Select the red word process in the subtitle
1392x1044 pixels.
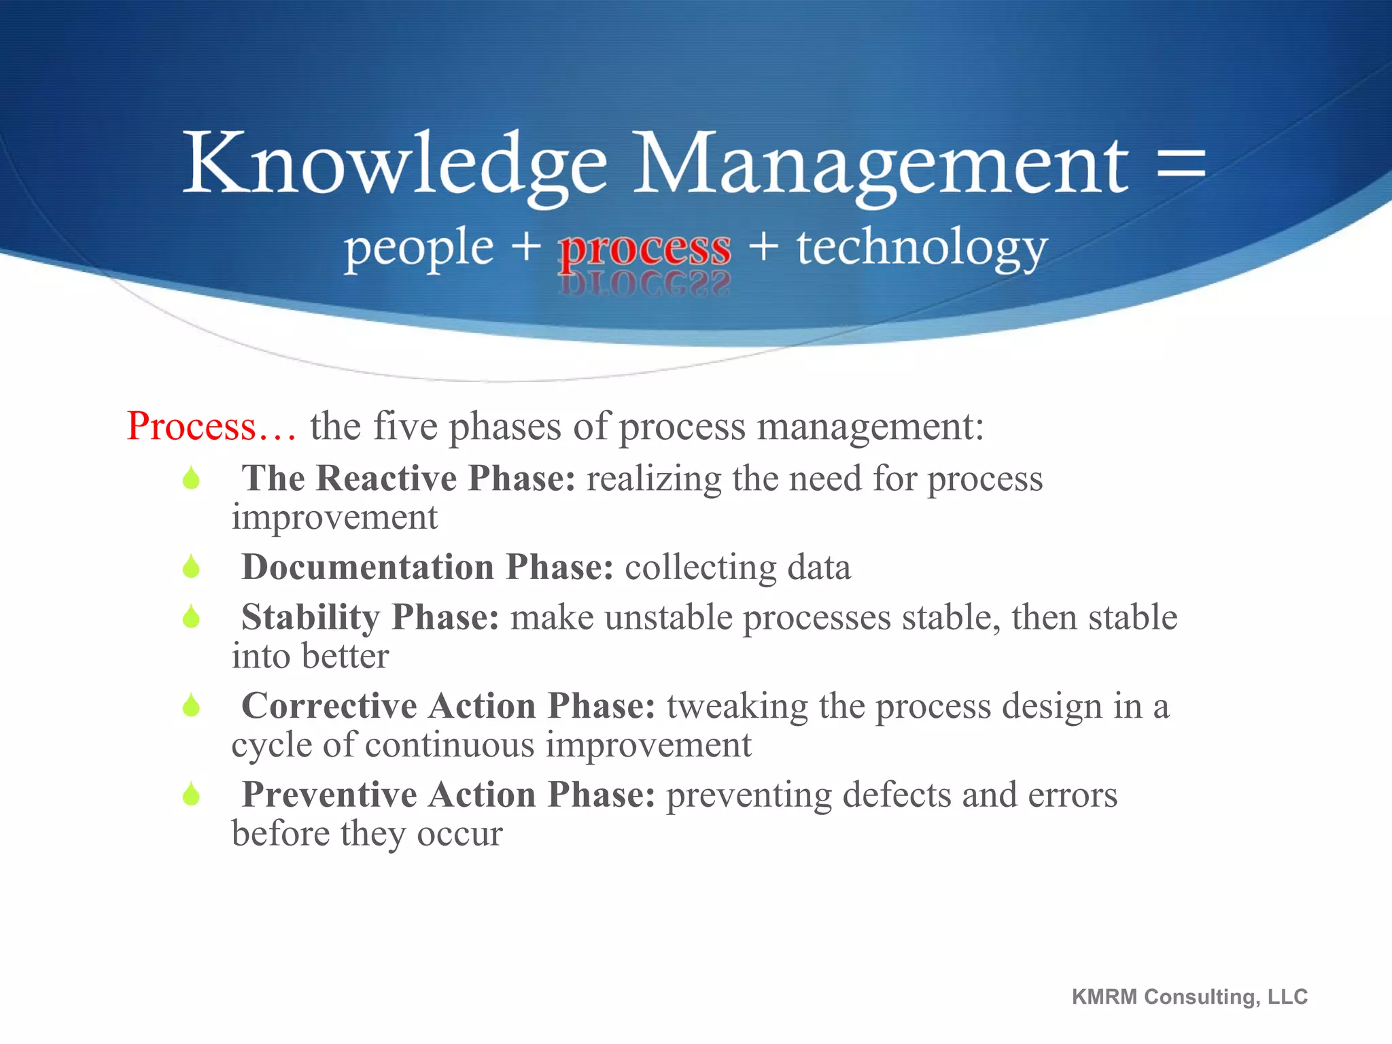click(644, 249)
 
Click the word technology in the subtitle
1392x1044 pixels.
click(922, 249)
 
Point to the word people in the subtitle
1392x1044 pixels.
click(419, 249)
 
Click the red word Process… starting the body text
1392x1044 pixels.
click(211, 427)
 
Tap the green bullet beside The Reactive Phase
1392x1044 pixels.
click(192, 478)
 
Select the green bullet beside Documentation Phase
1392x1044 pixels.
click(192, 567)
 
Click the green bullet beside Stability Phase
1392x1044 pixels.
click(192, 617)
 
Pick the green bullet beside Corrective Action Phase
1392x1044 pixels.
click(192, 706)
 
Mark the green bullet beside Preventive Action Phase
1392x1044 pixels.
click(192, 794)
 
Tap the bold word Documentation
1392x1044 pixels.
click(368, 568)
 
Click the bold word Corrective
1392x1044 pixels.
click(329, 706)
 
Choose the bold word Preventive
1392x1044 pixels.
click(329, 795)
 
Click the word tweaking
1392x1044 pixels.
click(737, 707)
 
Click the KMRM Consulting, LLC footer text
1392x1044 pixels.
click(1189, 996)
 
